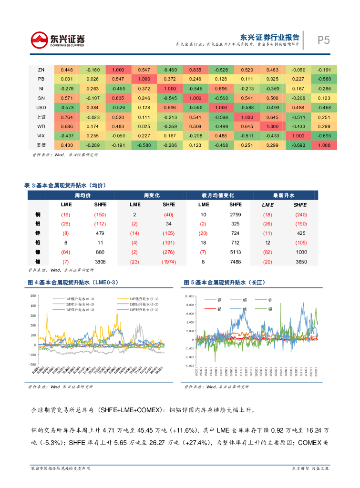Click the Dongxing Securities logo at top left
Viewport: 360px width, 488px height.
point(58,40)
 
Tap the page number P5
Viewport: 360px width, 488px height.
point(324,40)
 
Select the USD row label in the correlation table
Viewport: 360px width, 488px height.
point(41,107)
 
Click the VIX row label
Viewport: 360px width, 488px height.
point(41,135)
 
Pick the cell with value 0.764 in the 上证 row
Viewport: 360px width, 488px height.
point(67,117)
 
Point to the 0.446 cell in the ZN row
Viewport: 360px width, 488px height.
point(67,70)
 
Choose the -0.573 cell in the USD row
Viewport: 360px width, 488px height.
point(67,107)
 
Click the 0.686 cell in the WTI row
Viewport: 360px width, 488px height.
point(67,126)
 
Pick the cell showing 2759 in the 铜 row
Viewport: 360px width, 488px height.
point(236,215)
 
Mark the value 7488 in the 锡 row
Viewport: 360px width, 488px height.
point(236,262)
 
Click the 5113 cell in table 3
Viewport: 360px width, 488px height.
point(236,252)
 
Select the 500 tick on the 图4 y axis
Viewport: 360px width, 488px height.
point(33,296)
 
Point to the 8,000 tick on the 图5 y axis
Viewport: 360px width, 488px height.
point(189,304)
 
